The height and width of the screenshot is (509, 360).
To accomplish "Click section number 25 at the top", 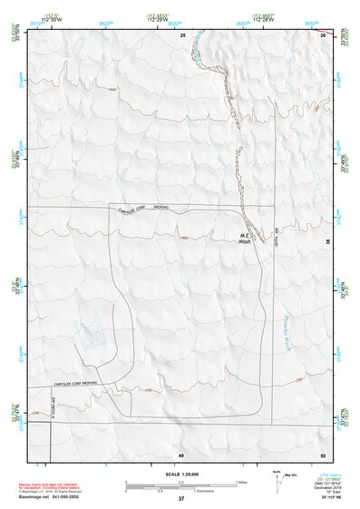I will point(181,34).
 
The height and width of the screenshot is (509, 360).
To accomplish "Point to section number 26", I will point(322,34).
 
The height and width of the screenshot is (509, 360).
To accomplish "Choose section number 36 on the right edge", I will point(327,241).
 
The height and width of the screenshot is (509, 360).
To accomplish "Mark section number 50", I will point(322,453).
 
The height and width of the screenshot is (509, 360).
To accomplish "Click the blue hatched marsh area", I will point(92,328).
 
